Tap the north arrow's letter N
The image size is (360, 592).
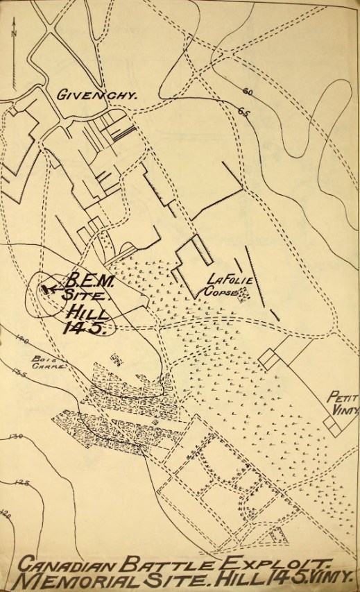(x=14, y=31)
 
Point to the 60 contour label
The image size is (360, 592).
(x=248, y=92)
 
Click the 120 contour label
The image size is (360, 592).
(x=8, y=513)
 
